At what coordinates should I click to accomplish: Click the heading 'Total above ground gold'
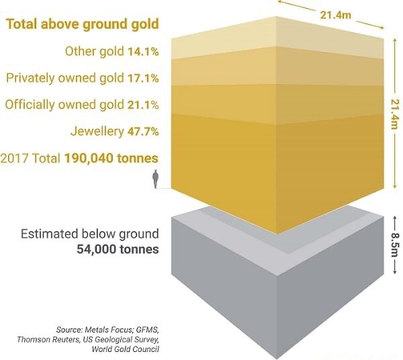(83, 25)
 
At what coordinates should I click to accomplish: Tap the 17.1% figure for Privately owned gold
(142, 78)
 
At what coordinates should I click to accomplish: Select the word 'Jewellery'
(97, 131)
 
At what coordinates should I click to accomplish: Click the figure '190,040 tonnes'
(111, 159)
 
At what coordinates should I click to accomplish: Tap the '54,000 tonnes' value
(117, 249)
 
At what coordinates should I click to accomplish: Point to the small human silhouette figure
(156, 179)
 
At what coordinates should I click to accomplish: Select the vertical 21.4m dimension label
(394, 111)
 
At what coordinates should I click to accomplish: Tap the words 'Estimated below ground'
(90, 234)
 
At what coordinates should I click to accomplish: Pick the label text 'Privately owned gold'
(64, 78)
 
